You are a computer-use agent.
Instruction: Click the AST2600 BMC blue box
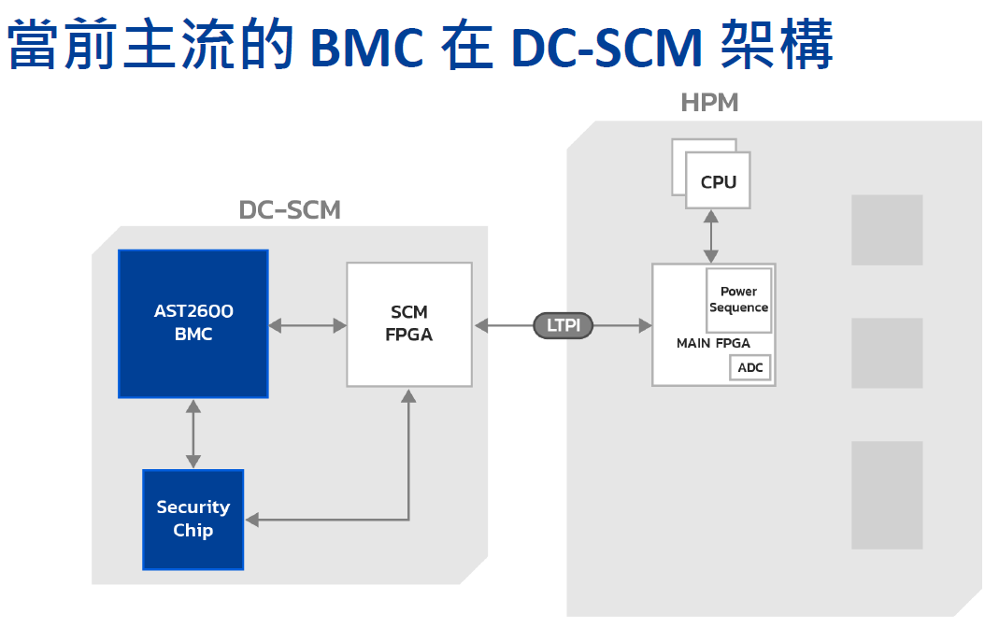(193, 323)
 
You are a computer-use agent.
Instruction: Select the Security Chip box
(193, 519)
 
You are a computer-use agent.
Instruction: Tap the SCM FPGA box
(408, 323)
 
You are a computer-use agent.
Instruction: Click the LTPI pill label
(564, 325)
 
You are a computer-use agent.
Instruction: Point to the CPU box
(718, 182)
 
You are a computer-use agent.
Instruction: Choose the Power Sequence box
(738, 300)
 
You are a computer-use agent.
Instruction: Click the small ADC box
(750, 367)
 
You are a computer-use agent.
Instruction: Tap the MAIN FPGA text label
(713, 344)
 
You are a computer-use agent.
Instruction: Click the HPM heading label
(709, 103)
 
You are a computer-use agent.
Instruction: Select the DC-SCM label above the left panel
(290, 209)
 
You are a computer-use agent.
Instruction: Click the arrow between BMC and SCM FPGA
(307, 325)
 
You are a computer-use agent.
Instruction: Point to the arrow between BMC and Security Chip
(193, 434)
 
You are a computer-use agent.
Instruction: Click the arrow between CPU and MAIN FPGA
(711, 236)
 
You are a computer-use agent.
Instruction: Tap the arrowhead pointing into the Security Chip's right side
(252, 520)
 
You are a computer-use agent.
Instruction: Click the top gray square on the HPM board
(886, 230)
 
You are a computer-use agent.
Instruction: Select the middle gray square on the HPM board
(886, 353)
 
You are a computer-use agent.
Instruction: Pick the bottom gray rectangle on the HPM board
(886, 494)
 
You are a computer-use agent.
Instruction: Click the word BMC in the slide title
(367, 48)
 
